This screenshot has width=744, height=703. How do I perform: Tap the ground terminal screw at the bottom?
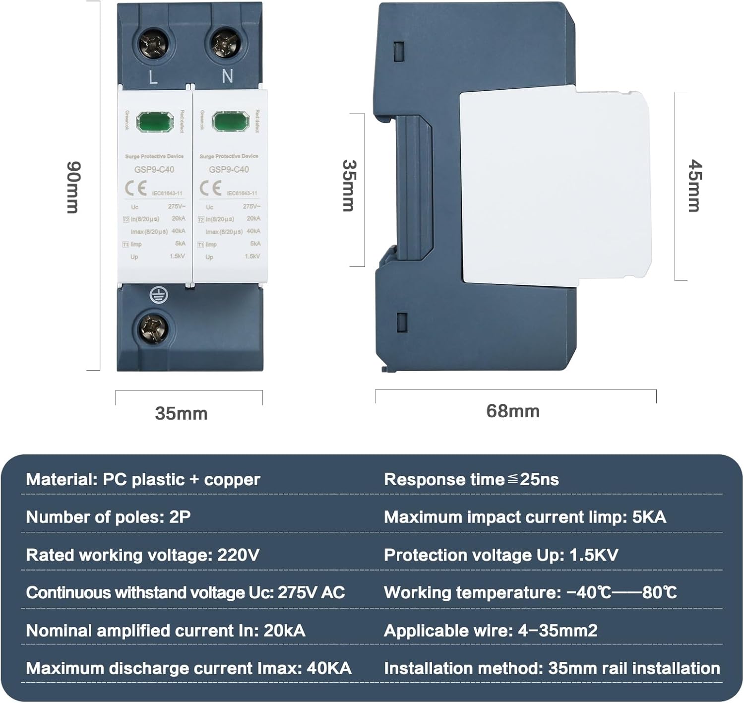tap(152, 328)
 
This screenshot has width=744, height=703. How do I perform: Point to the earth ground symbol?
tap(159, 296)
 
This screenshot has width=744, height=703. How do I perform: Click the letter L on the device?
tap(153, 77)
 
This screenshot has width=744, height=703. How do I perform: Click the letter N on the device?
tap(227, 76)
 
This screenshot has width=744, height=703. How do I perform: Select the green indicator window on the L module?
tap(155, 122)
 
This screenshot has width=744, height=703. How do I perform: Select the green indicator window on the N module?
tap(230, 122)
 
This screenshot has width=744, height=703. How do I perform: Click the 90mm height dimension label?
tap(73, 187)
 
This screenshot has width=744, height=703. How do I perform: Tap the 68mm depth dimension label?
tap(512, 411)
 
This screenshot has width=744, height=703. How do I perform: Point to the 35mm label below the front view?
tap(181, 413)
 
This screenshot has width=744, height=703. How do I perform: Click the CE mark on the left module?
tap(135, 189)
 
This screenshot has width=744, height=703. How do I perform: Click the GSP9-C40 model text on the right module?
tap(229, 169)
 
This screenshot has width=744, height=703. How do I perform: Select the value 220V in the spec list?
tap(238, 555)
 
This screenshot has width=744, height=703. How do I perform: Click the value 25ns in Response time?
tap(539, 480)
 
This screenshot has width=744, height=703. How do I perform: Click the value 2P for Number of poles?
tap(180, 517)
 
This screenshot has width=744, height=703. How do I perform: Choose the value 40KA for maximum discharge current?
tap(329, 668)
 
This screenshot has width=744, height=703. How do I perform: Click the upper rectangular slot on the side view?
tap(399, 52)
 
